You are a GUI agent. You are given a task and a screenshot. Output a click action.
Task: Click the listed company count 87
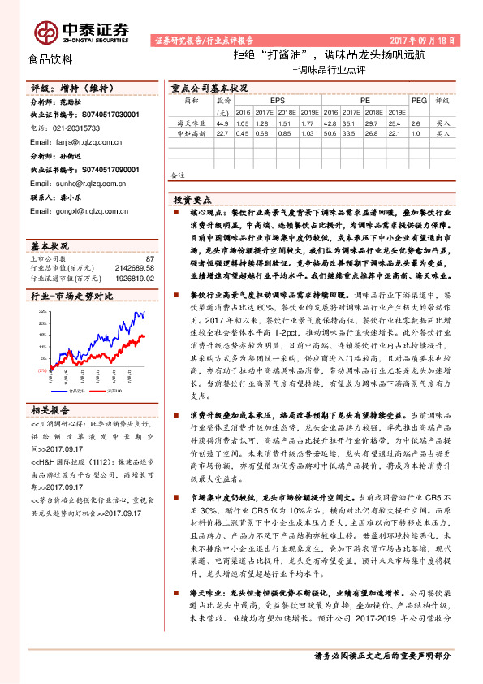click(149, 258)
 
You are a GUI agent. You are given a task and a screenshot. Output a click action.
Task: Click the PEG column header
click(419, 100)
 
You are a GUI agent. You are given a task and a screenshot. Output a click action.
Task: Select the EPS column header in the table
click(266, 100)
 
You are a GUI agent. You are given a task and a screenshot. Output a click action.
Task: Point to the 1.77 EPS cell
click(307, 123)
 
